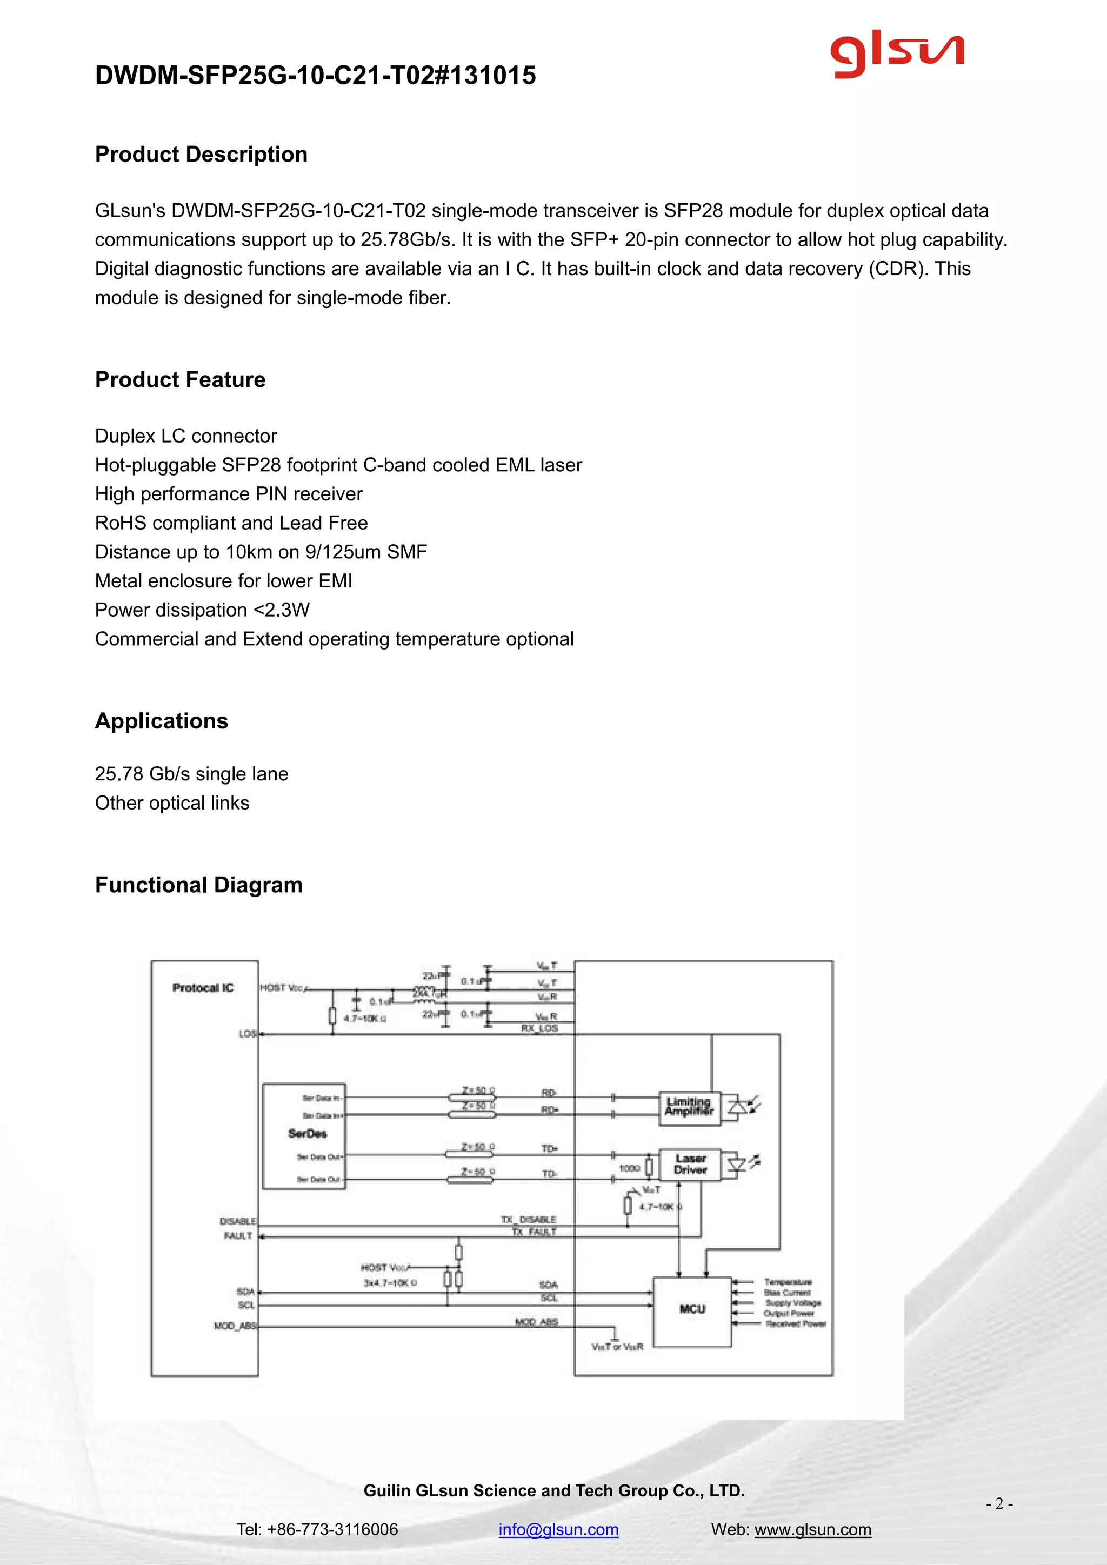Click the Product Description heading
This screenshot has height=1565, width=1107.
[201, 154]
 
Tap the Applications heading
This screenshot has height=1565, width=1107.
[162, 720]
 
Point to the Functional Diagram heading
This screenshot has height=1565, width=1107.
[198, 885]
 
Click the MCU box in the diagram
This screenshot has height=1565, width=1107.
[692, 1309]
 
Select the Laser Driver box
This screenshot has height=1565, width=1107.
[690, 1164]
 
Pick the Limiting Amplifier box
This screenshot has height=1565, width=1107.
[689, 1106]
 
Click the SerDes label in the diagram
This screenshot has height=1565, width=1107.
[308, 1134]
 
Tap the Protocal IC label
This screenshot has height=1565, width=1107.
[203, 988]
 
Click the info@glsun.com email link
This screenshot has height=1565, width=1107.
[558, 1529]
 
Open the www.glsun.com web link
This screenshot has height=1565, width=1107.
[812, 1529]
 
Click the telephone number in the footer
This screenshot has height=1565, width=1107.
[317, 1529]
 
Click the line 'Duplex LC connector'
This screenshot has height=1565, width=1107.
[186, 436]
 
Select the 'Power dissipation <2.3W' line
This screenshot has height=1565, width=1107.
[203, 610]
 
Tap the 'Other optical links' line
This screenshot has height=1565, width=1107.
[172, 803]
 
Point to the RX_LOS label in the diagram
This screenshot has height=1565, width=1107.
[539, 1028]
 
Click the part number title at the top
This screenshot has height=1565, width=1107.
[315, 75]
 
